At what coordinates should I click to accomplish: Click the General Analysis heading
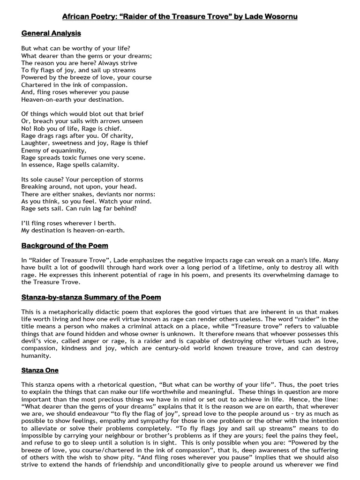pyautogui.click(x=51, y=33)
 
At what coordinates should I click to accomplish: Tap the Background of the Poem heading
pyautogui.click(x=65, y=246)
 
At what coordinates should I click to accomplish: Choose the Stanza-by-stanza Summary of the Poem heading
pyautogui.click(x=91, y=297)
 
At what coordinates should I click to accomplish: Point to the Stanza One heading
pyautogui.click(x=40, y=370)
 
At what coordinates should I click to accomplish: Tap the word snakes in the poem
pyautogui.click(x=75, y=194)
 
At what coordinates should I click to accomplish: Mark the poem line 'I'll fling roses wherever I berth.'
pyautogui.click(x=68, y=223)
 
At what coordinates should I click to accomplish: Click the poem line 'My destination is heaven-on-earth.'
pyautogui.click(x=73, y=231)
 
